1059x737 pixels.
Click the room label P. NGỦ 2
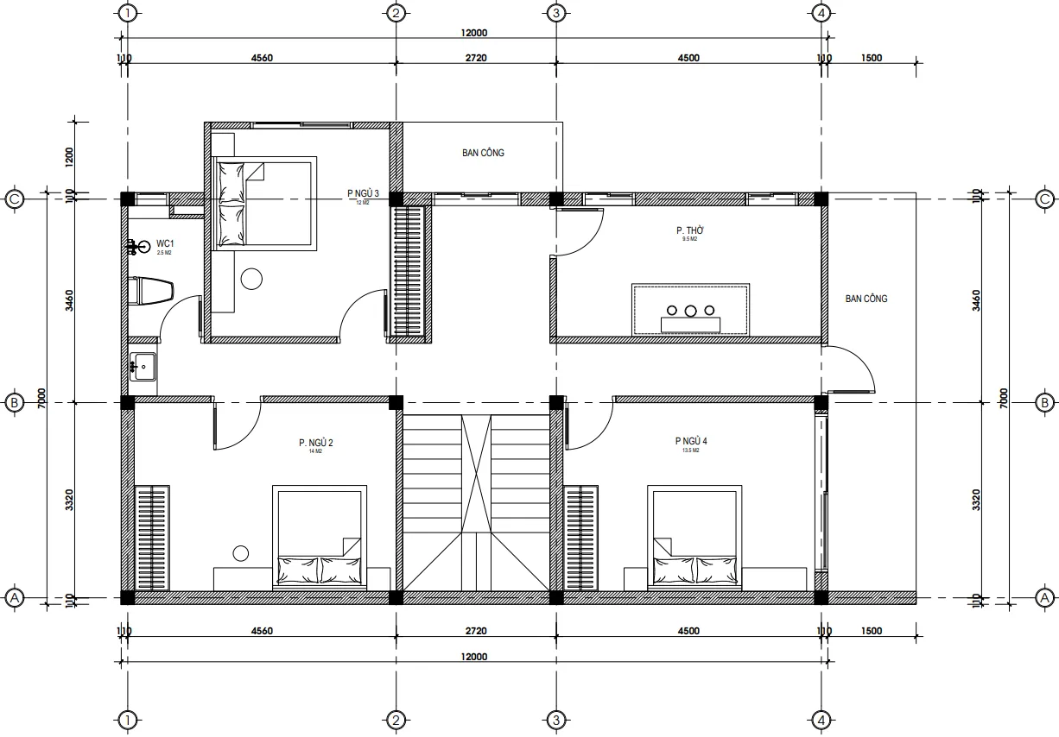[315, 444]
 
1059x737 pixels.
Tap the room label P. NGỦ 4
[691, 441]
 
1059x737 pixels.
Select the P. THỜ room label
[688, 231]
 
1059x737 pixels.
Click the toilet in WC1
[150, 291]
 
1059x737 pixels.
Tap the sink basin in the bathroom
[143, 366]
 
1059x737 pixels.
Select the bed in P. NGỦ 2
[319, 537]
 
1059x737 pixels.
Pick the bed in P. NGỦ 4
[694, 537]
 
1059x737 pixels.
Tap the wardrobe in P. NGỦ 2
[152, 538]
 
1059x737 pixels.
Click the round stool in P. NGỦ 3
[251, 279]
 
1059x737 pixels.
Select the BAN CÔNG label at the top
[483, 153]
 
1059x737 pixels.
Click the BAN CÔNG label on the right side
[866, 299]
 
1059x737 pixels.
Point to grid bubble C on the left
[14, 198]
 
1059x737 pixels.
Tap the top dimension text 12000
[474, 33]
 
